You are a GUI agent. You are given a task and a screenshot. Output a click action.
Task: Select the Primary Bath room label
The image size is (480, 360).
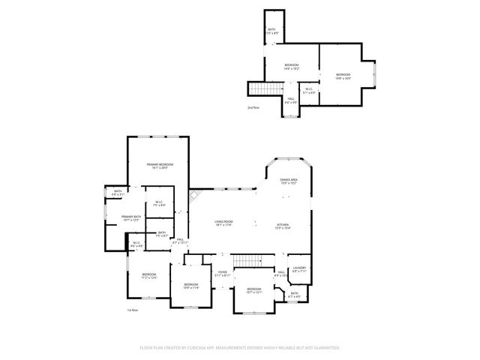131,218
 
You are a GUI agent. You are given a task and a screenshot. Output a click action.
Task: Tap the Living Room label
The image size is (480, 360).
223,223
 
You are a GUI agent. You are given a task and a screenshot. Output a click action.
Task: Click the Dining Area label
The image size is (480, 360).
289,181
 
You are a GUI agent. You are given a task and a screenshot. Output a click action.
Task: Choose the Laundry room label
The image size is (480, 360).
300,269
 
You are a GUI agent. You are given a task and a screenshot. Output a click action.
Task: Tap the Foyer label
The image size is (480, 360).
223,273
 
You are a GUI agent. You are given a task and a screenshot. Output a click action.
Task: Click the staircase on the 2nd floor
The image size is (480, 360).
259,88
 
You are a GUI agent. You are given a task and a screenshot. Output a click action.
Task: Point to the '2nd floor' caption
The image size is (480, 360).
253,108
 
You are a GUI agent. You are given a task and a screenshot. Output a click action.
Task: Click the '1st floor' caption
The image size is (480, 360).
133,310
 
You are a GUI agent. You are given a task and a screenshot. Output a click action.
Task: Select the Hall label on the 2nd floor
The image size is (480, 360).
291,100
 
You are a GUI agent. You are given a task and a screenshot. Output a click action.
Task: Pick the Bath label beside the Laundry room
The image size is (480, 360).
295,295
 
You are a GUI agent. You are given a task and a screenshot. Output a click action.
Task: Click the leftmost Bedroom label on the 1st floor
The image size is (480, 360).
148,275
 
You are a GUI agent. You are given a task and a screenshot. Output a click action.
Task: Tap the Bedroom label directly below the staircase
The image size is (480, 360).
254,291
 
